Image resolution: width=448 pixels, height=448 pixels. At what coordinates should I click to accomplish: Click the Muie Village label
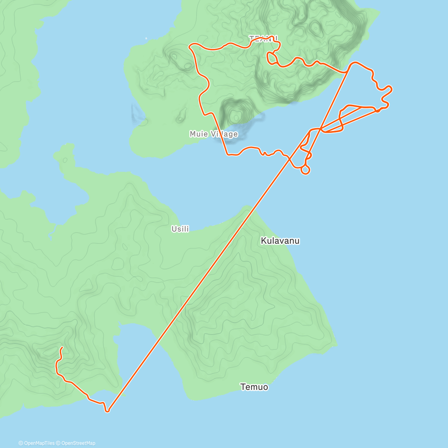click(x=213, y=134)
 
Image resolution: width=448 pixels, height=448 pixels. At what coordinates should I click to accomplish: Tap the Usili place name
click(x=180, y=229)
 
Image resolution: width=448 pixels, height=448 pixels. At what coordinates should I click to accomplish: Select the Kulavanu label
click(x=280, y=241)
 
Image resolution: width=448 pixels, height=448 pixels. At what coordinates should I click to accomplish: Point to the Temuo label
click(x=254, y=387)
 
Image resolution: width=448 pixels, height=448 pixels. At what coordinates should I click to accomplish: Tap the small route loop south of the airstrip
click(x=305, y=170)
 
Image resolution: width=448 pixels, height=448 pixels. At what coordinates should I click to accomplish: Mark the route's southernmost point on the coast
click(x=108, y=411)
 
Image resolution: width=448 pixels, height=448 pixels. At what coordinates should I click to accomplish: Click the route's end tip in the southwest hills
click(x=62, y=348)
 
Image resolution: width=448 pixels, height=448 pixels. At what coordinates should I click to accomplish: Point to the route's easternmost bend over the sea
click(x=391, y=88)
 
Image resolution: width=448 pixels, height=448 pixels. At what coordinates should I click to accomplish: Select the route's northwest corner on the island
click(x=190, y=46)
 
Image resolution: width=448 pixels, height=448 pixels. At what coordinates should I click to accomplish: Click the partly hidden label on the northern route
click(x=264, y=38)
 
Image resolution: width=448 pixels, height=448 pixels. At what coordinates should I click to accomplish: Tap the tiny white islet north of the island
click(x=146, y=38)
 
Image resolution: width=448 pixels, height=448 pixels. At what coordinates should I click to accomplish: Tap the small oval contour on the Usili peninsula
click(x=65, y=160)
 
